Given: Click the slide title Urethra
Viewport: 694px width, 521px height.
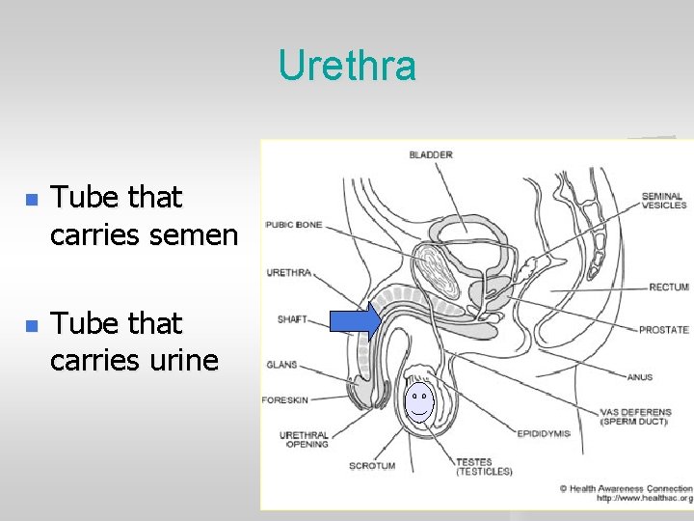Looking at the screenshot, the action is (347, 66).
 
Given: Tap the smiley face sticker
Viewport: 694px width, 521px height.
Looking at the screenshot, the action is (419, 402).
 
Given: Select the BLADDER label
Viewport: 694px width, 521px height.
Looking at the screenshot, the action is (431, 154).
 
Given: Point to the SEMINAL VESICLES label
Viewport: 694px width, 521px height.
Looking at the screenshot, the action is (663, 200).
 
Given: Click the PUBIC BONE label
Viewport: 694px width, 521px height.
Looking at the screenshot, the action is (294, 225).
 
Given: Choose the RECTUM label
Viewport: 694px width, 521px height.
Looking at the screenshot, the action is (669, 287).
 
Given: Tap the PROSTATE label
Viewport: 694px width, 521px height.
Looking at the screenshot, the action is (663, 330).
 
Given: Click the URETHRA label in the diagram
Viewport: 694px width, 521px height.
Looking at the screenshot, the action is (289, 273).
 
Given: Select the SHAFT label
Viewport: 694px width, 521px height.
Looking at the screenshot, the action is (292, 318).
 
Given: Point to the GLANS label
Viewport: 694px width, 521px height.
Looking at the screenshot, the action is (281, 365).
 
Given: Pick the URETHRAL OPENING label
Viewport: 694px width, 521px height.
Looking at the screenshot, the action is (304, 440).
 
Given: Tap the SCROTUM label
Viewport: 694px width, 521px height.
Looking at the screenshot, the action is (372, 465).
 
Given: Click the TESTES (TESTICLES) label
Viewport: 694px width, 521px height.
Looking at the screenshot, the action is (484, 466).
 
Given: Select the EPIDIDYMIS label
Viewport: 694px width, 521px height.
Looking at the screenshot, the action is (544, 433).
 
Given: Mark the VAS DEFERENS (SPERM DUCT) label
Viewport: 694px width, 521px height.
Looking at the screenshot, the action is (635, 417).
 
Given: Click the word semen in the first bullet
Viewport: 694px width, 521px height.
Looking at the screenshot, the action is (192, 234).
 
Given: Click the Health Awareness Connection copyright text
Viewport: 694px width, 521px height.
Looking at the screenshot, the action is (627, 488).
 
